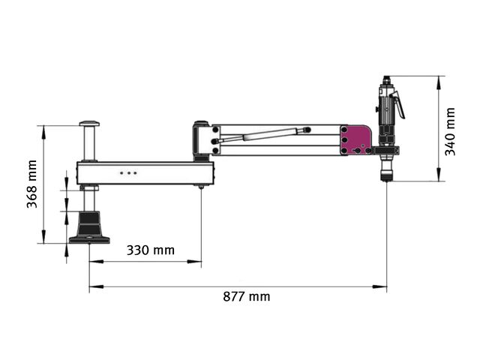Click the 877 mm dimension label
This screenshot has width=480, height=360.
click(x=247, y=297)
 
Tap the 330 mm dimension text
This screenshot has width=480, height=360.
click(x=151, y=250)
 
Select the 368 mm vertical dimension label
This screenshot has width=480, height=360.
click(x=31, y=184)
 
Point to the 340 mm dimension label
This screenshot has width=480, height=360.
click(x=450, y=132)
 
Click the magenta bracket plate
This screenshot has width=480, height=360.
click(x=355, y=140)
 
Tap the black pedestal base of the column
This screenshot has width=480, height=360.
click(x=89, y=227)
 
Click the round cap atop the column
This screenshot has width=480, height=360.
click(x=89, y=124)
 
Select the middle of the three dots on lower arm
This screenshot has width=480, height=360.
click(x=128, y=173)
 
